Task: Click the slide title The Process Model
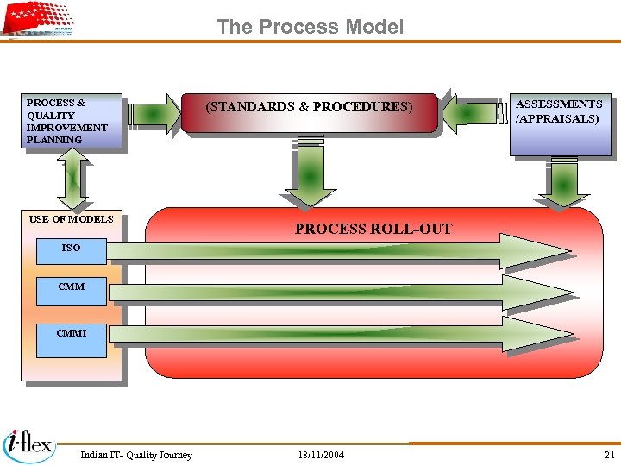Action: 310,27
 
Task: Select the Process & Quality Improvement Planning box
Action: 72,121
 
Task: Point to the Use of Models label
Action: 71,219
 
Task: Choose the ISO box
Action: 71,249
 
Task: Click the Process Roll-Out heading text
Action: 373,230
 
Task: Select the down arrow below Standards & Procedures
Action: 309,173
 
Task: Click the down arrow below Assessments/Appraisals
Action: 564,183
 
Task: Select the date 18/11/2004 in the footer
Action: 321,455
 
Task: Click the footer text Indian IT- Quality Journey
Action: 136,455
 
